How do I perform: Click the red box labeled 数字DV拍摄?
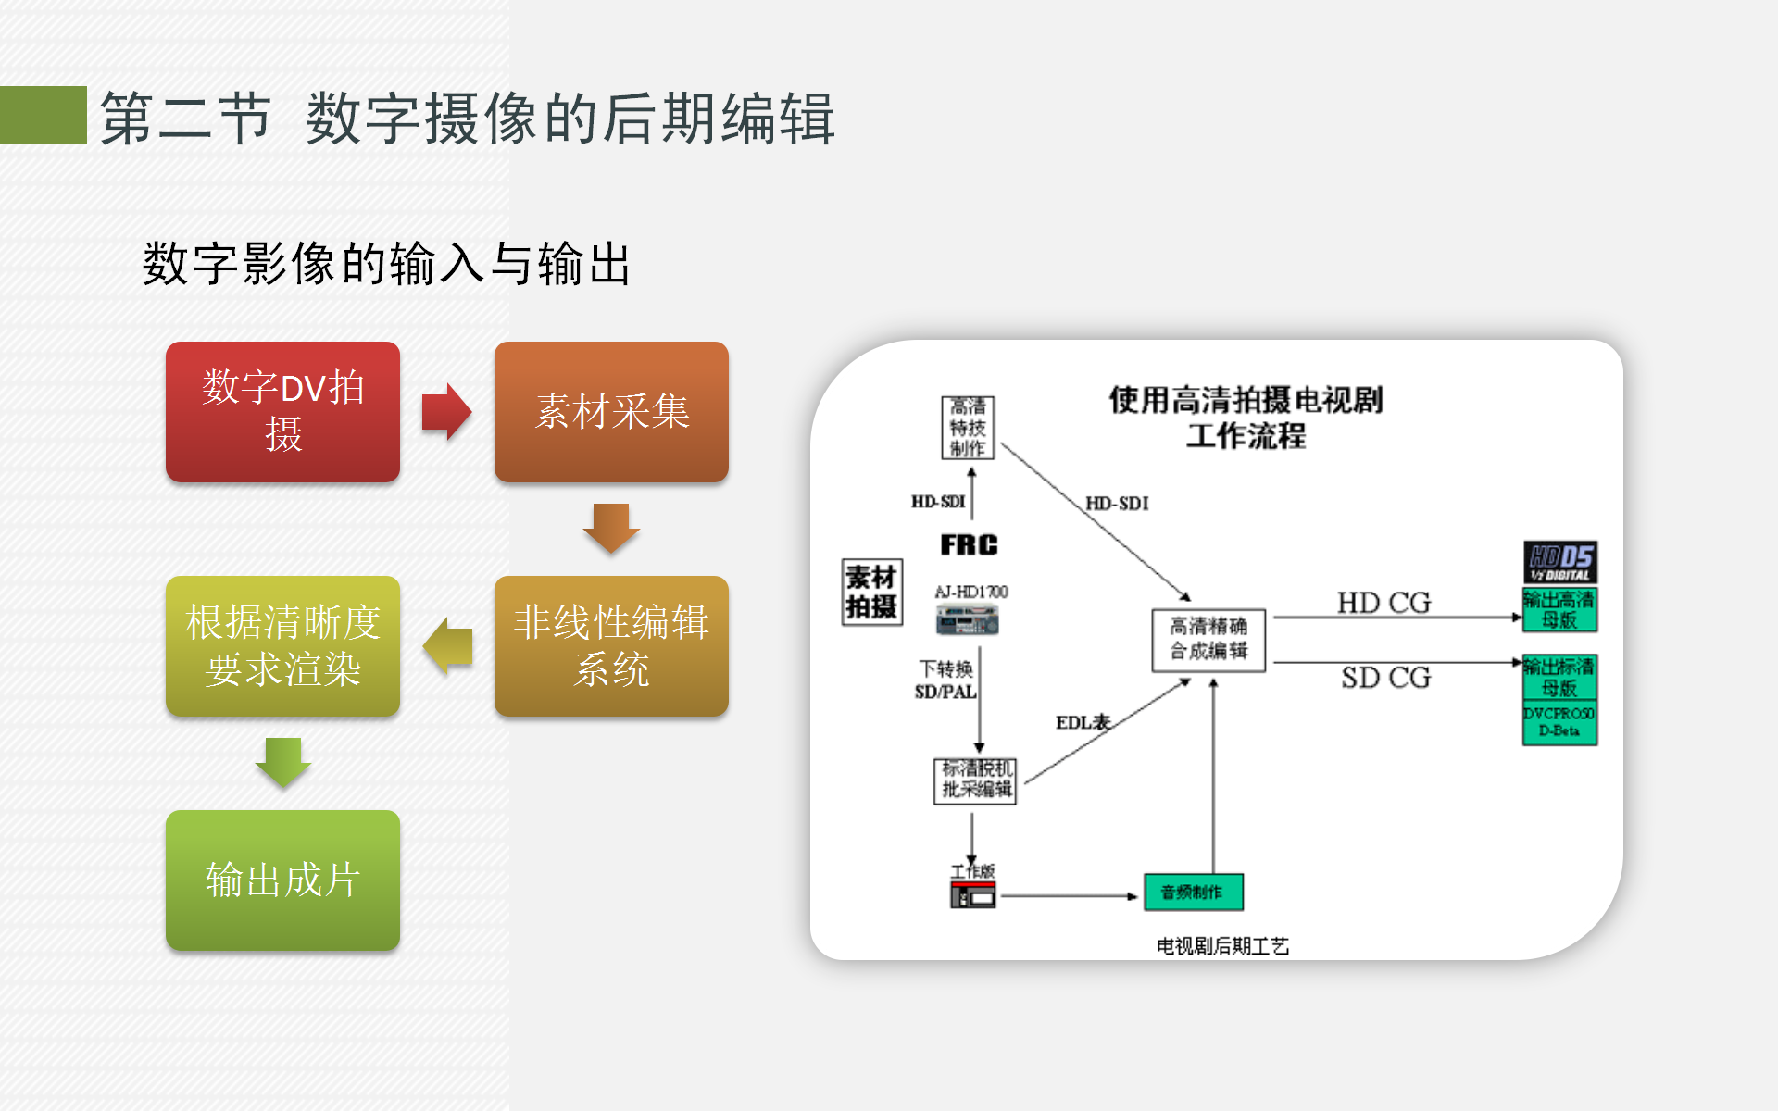point(282,412)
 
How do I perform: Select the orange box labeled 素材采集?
point(611,412)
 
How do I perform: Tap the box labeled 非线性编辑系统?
point(611,645)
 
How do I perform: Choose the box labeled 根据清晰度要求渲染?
point(282,645)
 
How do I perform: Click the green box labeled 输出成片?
point(282,880)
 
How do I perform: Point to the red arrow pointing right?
point(446,412)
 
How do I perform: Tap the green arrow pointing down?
point(282,762)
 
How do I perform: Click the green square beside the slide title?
point(43,116)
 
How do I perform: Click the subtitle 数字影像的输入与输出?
point(386,264)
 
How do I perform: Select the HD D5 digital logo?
point(1560,562)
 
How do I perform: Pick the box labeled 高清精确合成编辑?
point(1208,639)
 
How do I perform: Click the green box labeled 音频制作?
point(1193,893)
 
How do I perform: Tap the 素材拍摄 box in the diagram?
point(871,593)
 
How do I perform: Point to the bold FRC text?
point(969,545)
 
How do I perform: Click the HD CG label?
point(1384,603)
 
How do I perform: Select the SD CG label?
point(1385,678)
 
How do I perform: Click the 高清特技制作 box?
point(968,428)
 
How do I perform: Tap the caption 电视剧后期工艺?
point(1222,945)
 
